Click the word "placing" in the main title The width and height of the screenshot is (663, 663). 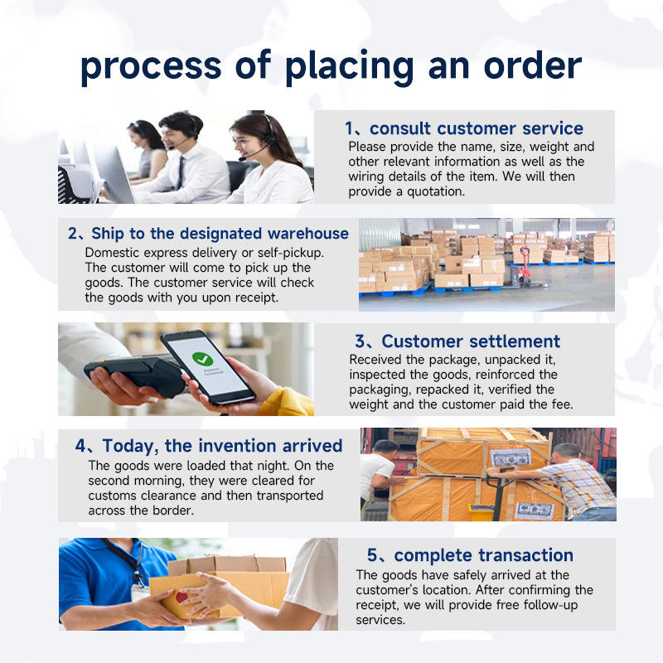coord(349,67)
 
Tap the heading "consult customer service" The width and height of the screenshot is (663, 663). coord(476,128)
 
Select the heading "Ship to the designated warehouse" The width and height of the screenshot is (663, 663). coord(220,234)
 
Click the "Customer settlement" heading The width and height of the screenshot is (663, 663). coord(471,341)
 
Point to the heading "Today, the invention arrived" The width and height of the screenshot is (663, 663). coord(222,446)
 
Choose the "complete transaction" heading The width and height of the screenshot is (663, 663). coord(483,555)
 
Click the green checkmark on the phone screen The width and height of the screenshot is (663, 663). coord(203,359)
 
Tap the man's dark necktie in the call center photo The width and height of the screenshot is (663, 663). coord(181,172)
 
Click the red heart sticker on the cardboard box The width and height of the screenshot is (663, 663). coord(181,598)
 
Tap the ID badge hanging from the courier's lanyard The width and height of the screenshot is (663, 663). coord(139,592)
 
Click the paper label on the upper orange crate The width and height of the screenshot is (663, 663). coord(511,457)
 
